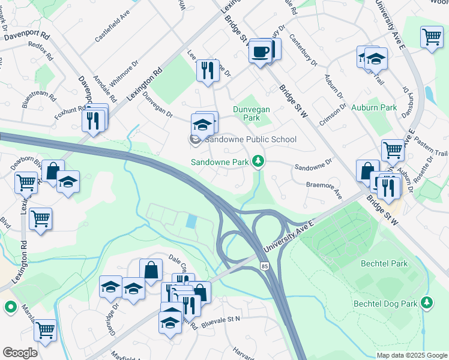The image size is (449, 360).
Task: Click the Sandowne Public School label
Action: (251, 140)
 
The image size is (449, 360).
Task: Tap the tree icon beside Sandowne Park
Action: (258, 161)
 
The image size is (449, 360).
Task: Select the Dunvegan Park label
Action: (252, 114)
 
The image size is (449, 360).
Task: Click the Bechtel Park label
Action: (384, 263)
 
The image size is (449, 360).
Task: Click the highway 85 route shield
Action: (264, 265)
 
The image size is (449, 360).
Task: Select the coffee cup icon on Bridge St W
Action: (260, 53)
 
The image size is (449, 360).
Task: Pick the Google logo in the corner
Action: (20, 353)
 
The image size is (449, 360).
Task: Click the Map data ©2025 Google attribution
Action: (411, 355)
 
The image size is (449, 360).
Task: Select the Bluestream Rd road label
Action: (39, 99)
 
